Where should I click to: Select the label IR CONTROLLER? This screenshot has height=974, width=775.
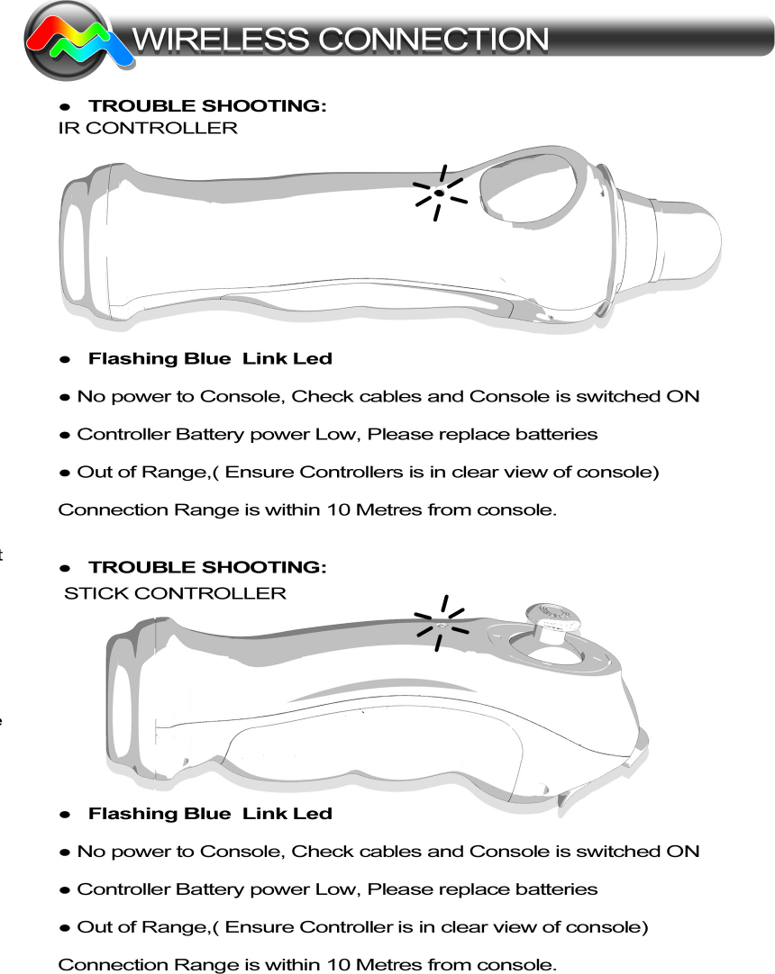pyautogui.click(x=148, y=128)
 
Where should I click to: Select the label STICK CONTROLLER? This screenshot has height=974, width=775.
pyautogui.click(x=176, y=593)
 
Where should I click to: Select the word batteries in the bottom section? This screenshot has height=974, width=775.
pyautogui.click(x=555, y=888)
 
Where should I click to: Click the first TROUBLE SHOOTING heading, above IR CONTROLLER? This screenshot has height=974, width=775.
pyautogui.click(x=207, y=106)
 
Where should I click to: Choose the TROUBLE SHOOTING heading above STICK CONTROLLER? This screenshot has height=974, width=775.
pyautogui.click(x=207, y=567)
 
